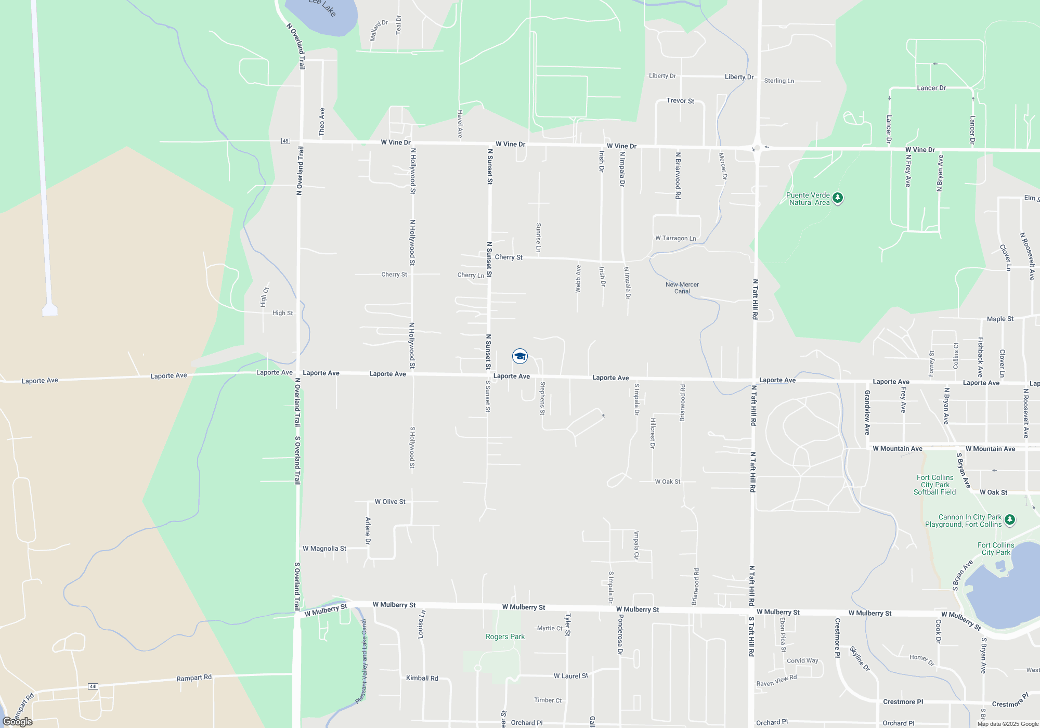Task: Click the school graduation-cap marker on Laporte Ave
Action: click(x=520, y=356)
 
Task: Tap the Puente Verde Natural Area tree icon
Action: click(x=837, y=198)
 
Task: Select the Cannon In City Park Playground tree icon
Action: click(x=1009, y=519)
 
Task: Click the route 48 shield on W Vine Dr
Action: click(x=285, y=141)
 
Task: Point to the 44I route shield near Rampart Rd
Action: click(x=93, y=686)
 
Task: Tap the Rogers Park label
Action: click(x=505, y=636)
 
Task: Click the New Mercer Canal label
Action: click(x=682, y=288)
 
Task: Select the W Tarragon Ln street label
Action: click(x=675, y=238)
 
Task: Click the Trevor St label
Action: click(x=680, y=101)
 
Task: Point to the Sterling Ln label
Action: click(x=779, y=81)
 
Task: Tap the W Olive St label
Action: click(x=390, y=502)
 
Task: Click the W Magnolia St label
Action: click(x=324, y=549)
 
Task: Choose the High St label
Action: click(x=282, y=313)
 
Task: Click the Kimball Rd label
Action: click(x=422, y=678)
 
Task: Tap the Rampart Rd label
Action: click(x=194, y=678)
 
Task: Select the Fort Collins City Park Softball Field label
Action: click(x=935, y=485)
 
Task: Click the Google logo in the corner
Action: click(x=18, y=722)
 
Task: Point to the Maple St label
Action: click(x=1000, y=319)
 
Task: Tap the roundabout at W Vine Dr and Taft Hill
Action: click(x=757, y=148)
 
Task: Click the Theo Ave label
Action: click(x=322, y=122)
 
